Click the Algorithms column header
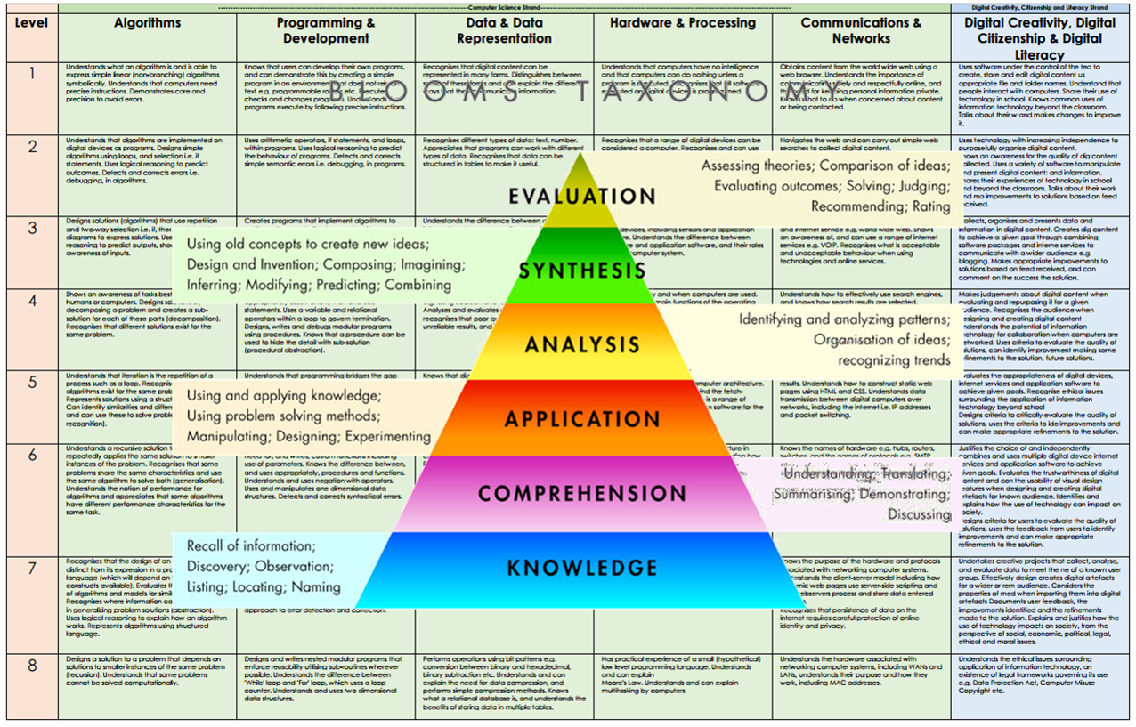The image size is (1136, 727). coord(147,24)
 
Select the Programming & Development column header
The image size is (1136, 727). coord(325,31)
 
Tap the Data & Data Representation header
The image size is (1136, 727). coord(504,31)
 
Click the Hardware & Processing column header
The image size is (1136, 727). coord(682,24)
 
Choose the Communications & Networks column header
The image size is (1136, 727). coord(861,31)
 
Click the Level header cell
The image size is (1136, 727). coord(32,22)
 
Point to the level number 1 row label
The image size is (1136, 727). coord(32,73)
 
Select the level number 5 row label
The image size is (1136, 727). coord(32,382)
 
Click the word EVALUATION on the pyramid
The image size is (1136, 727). coord(582,197)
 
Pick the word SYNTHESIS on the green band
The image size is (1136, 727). coord(582,271)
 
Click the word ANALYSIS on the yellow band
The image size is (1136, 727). coord(582,345)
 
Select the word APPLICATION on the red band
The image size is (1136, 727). coord(582,419)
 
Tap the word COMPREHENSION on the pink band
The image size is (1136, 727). coord(582,494)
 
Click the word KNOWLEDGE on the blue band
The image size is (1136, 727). coord(582,568)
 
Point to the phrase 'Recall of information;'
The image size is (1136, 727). coord(251,545)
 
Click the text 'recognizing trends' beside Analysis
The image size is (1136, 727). coord(894,360)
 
